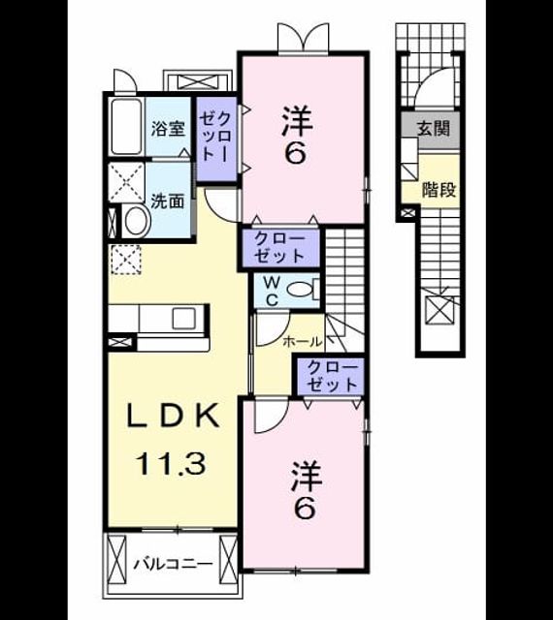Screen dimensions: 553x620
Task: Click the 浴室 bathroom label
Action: (x=169, y=129)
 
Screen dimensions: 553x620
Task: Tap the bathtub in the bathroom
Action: (x=126, y=126)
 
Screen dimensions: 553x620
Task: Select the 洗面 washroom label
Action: (x=168, y=201)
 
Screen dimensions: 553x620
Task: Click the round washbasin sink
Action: (x=137, y=222)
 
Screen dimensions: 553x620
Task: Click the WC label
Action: (x=272, y=292)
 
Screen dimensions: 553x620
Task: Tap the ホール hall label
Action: (x=303, y=341)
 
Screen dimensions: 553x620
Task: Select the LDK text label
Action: (x=173, y=416)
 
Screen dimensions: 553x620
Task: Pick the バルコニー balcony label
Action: (x=173, y=564)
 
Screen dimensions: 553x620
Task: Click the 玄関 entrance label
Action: (x=434, y=128)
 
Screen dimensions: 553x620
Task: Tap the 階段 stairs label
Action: (x=439, y=190)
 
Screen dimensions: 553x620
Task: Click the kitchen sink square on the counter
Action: (x=183, y=319)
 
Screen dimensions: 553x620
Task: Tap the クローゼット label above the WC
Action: (x=279, y=247)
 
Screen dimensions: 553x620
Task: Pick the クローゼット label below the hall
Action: (x=333, y=376)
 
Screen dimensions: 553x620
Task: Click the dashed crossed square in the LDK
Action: (x=126, y=259)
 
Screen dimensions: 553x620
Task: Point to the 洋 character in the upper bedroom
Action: (x=298, y=120)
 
